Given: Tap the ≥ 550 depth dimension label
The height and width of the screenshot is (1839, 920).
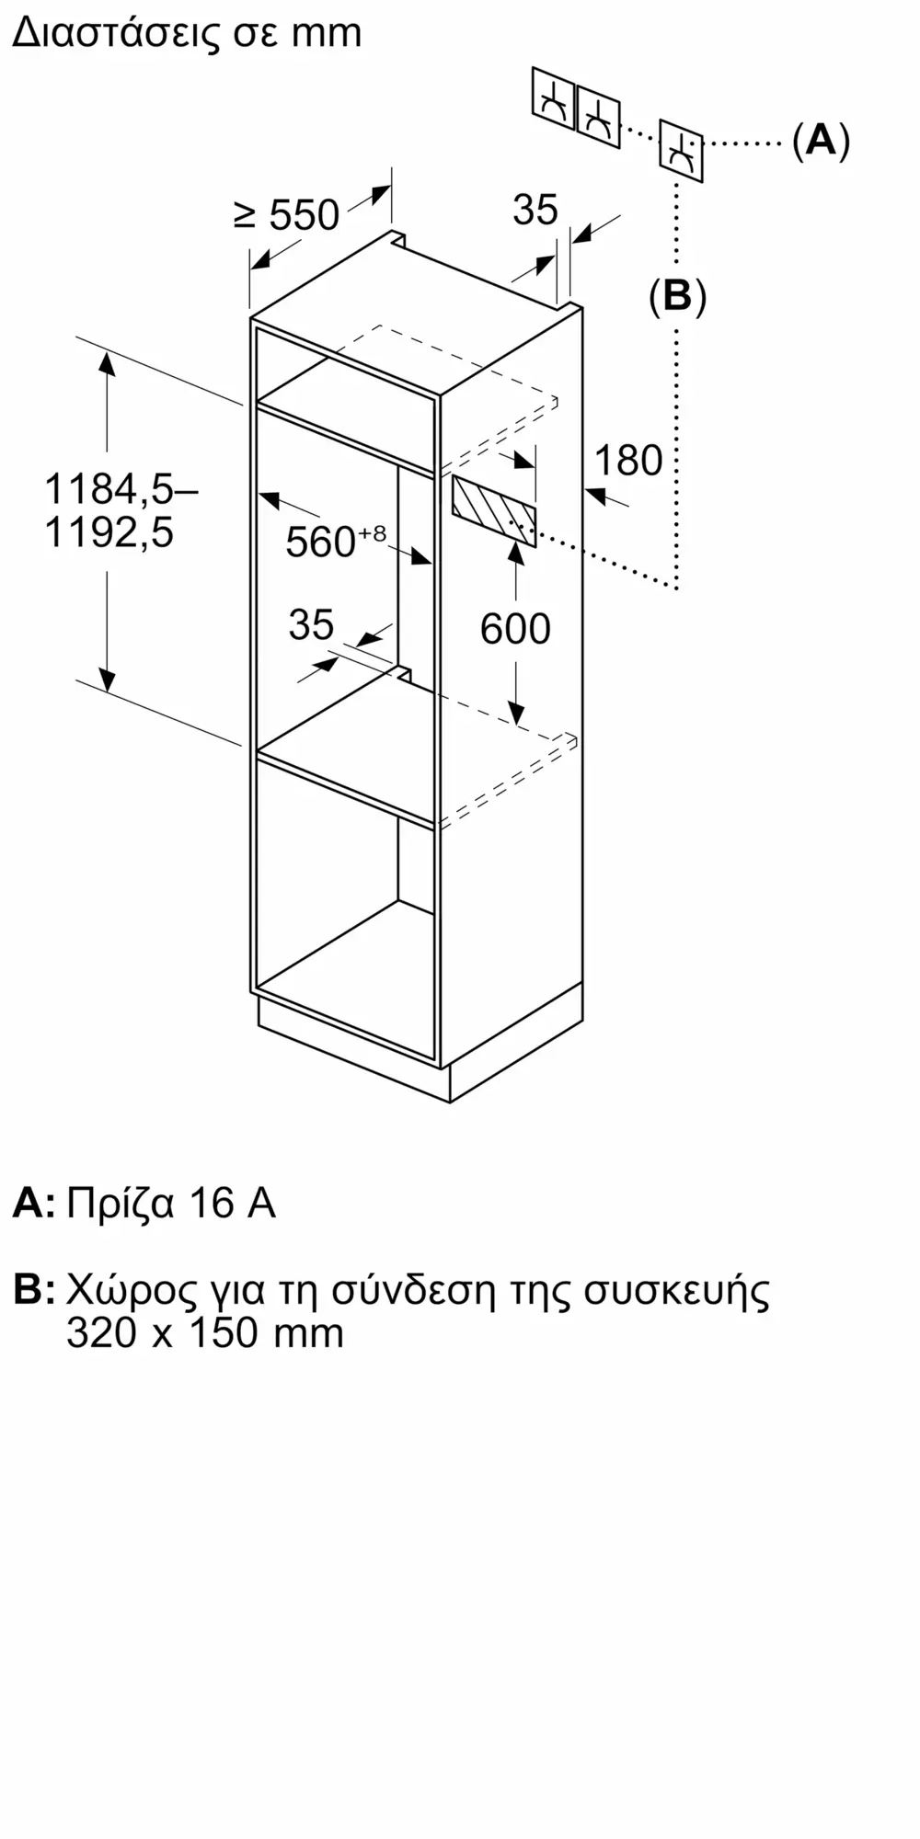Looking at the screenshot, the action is (287, 215).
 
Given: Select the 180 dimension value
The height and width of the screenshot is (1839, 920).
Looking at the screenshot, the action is (628, 460).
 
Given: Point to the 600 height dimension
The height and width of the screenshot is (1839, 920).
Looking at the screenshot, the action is (515, 629).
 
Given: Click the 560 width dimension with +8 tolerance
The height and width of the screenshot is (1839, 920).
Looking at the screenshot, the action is (335, 541).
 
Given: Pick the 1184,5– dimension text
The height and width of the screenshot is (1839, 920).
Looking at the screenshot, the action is (121, 488).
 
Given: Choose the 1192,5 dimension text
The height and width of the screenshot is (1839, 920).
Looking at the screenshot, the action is (109, 532).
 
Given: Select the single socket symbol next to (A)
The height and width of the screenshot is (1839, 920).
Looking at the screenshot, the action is (681, 151).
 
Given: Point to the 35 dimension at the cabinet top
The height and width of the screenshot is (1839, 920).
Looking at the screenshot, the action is (535, 210).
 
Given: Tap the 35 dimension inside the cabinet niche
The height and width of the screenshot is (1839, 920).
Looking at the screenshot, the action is (311, 625).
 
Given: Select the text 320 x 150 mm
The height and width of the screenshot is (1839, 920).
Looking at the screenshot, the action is (204, 1332).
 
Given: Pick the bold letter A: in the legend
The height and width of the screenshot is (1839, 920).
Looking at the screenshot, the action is (33, 1204).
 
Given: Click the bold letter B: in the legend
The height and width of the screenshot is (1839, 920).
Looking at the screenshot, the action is (34, 1290).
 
